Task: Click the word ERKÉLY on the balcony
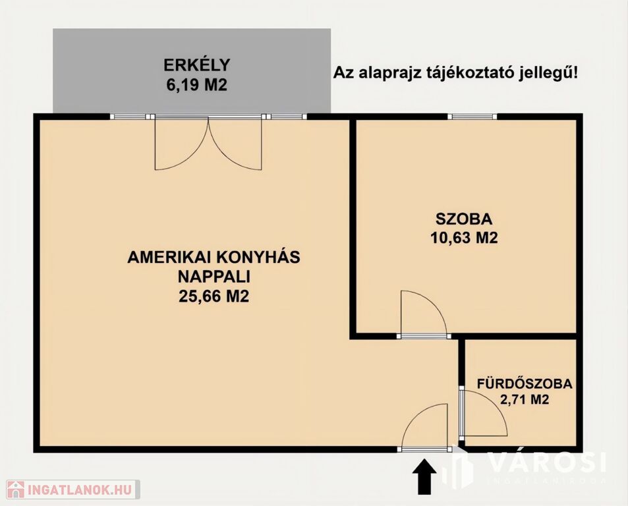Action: coord(196,65)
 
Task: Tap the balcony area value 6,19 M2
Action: coord(196,85)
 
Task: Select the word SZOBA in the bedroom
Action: coord(464,219)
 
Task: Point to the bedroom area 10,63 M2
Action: coord(464,239)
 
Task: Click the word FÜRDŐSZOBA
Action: coord(525,383)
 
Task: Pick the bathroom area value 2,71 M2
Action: coord(525,399)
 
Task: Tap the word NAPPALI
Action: coord(214,277)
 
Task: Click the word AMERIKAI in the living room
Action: coord(165,257)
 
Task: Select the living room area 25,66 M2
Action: coord(214,296)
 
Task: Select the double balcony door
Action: coord(208,144)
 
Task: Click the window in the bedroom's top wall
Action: coord(472,117)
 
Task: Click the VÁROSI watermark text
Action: coord(548,463)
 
